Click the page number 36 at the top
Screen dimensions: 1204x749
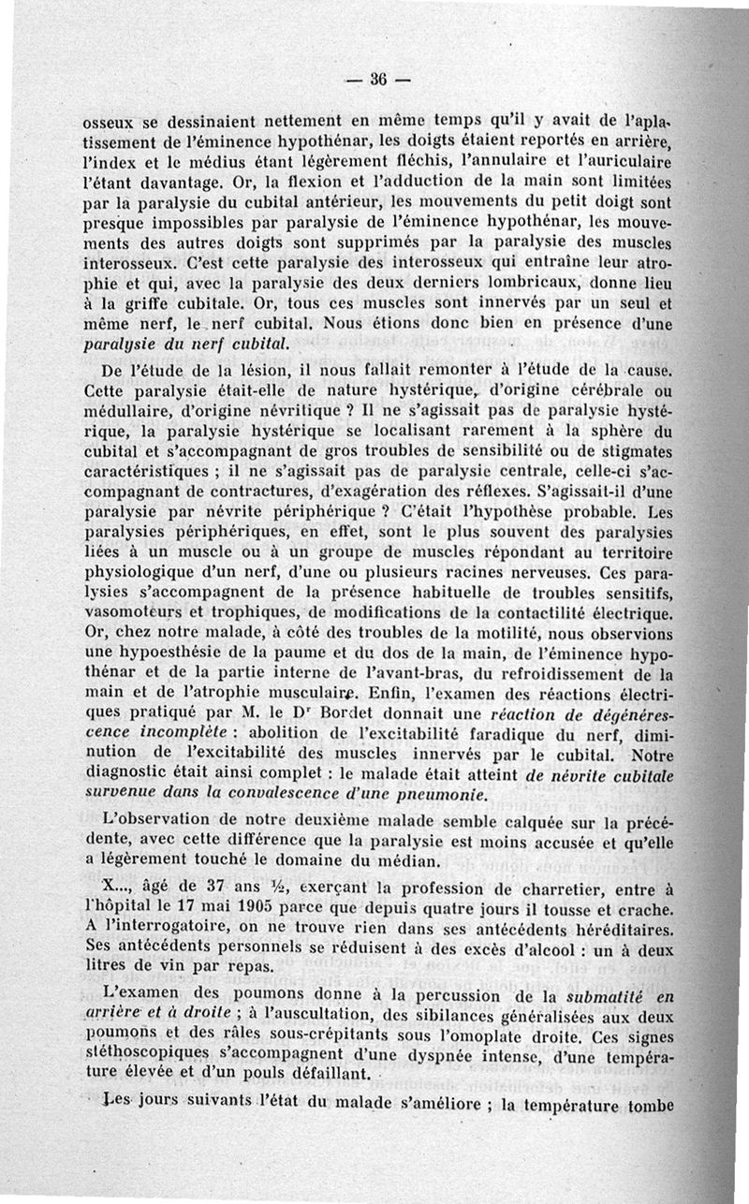[378, 79]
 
